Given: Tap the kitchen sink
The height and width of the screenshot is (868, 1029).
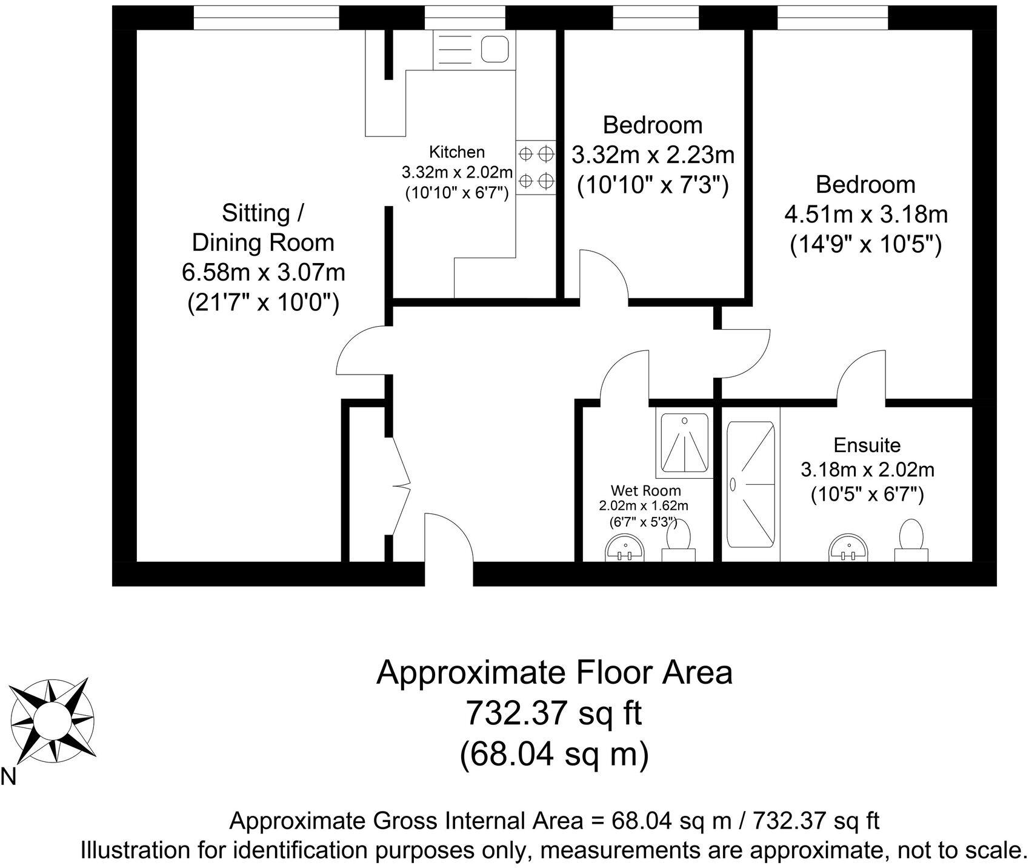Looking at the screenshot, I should [495, 48].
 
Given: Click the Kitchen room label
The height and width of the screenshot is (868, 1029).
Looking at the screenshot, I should [457, 152].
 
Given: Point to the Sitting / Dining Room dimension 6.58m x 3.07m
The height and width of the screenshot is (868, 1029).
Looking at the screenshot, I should [264, 272].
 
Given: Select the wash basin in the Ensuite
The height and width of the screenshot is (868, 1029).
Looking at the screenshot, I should [848, 548].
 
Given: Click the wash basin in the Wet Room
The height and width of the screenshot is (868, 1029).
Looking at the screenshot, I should [625, 549].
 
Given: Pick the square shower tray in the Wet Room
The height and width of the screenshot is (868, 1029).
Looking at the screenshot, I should [684, 443].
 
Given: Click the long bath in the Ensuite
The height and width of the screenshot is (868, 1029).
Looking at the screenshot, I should [751, 484].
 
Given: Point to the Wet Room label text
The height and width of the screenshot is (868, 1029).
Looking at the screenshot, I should [645, 490].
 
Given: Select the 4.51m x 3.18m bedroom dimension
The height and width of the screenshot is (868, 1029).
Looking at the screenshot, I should [866, 215].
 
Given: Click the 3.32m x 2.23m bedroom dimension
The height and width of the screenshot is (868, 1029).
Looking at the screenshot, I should [653, 155].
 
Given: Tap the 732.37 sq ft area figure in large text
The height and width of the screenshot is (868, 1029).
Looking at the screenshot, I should [553, 713].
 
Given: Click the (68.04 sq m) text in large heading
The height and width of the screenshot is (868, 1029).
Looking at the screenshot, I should [554, 755].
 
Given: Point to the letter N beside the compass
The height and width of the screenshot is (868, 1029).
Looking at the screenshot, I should [8, 776].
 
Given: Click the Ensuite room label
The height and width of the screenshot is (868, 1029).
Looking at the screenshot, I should [867, 445].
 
